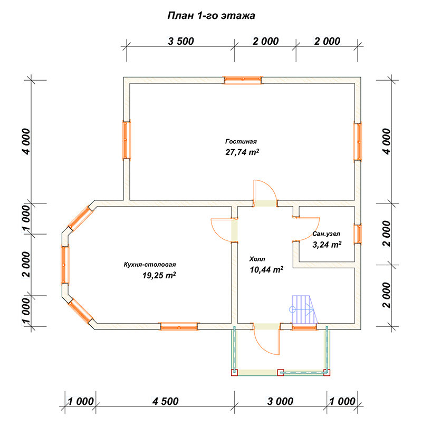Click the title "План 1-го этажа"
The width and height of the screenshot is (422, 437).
(211, 16)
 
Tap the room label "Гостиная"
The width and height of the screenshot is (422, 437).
(241, 142)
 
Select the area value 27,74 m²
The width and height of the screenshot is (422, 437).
(242, 152)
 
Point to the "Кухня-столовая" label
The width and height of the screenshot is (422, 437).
(150, 265)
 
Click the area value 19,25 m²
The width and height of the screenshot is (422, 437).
(159, 275)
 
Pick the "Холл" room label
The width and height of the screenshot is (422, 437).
(257, 259)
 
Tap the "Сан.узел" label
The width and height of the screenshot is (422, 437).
(326, 234)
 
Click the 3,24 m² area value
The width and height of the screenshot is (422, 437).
(327, 245)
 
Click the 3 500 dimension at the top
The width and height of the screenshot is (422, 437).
(181, 41)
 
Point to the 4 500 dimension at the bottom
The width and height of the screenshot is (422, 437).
(166, 401)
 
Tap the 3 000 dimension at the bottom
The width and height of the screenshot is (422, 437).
(280, 401)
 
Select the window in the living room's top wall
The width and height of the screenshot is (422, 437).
(243, 80)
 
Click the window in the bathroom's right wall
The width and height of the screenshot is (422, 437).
(358, 234)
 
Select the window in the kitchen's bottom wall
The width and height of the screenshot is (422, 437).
(179, 326)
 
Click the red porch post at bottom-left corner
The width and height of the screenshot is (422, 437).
(235, 373)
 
